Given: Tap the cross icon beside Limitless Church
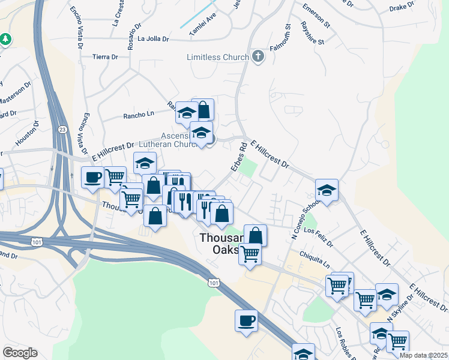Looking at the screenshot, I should tap(259, 57).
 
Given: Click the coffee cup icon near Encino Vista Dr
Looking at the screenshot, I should tap(92, 177).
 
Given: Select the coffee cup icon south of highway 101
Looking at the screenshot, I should tap(246, 320).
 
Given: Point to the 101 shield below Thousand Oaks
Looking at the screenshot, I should tap(214, 281).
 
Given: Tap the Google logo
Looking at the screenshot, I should tap(20, 352).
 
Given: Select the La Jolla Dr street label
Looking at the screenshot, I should tap(154, 39).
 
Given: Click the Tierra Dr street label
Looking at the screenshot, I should tap(106, 56).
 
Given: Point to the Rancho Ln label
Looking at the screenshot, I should tap(139, 115).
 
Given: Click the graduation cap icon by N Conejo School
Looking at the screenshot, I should tap(327, 190).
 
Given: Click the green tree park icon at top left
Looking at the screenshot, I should tap(6, 39).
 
